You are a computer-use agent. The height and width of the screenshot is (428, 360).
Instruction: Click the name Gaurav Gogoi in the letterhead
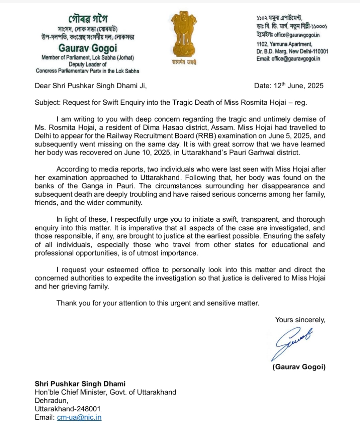coord(88,48)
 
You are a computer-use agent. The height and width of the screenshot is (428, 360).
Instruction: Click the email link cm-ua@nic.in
coord(79,417)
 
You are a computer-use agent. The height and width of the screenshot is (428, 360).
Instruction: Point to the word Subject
coord(47,102)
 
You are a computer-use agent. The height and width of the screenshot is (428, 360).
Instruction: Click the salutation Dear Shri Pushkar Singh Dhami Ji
coord(91,86)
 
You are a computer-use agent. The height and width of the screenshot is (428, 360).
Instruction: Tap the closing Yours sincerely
coord(300,320)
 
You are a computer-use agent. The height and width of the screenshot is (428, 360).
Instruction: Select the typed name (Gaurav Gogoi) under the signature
coord(299,367)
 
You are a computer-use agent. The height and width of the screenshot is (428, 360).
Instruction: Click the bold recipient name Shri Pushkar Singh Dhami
coord(80,384)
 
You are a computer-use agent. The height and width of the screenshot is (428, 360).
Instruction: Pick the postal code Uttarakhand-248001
coord(68,409)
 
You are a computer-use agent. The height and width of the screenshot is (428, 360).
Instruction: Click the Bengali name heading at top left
coord(88,18)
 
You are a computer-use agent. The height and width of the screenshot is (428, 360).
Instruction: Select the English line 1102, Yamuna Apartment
coord(284,44)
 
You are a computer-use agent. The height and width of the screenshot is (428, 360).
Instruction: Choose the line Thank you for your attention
coord(158,303)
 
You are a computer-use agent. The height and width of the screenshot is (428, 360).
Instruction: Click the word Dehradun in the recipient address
coord(51,400)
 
